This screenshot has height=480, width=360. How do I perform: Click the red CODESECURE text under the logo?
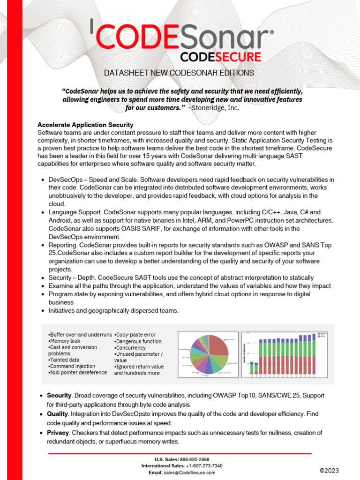click(221, 57)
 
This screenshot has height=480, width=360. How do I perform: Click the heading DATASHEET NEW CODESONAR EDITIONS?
click(179, 73)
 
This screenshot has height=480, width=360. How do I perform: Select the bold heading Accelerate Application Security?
click(85, 125)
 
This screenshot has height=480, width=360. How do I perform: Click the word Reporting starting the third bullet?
click(63, 245)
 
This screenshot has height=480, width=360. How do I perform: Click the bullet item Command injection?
click(73, 366)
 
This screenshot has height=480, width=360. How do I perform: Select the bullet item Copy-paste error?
click(135, 335)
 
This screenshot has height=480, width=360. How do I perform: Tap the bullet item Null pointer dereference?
click(78, 373)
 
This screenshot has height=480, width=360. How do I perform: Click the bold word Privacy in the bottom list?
click(58, 433)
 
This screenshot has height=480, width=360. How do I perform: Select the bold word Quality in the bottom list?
click(58, 414)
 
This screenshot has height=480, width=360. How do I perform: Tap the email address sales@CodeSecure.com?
click(189, 472)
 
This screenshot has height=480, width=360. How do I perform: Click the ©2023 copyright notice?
click(329, 470)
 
